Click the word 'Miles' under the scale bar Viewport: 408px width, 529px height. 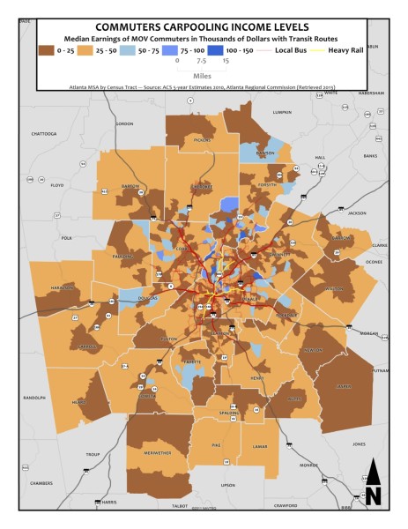coord(203,77)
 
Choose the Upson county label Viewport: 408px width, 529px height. coord(228,485)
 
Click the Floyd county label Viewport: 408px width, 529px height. coord(57,186)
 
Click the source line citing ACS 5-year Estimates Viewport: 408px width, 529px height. coord(203,88)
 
